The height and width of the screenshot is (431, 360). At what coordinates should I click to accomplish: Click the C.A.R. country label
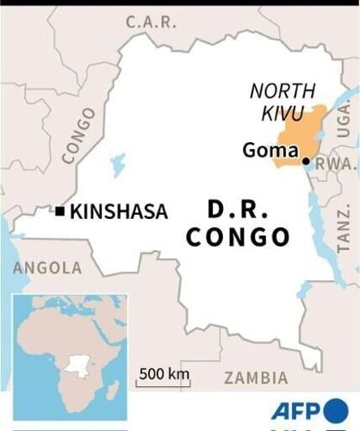(152, 21)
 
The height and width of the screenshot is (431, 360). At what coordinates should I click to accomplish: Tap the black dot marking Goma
(306, 161)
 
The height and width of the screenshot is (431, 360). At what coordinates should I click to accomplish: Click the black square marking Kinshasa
(59, 210)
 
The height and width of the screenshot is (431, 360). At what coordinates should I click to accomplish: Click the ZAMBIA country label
(256, 378)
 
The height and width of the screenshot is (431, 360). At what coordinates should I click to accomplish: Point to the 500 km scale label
(164, 373)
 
